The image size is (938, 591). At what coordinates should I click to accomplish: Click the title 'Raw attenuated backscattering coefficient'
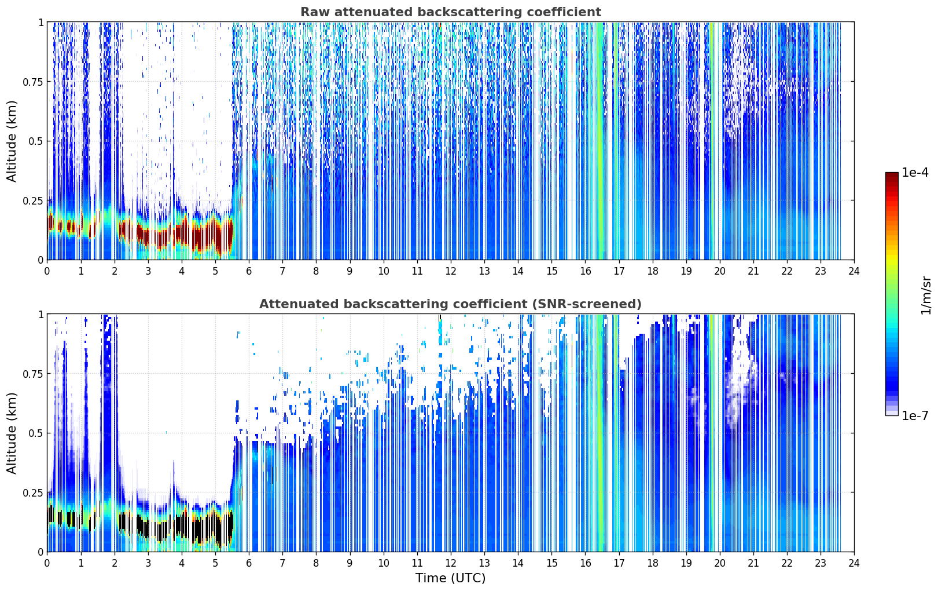[451, 12]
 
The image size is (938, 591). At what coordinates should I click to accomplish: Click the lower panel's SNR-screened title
[451, 304]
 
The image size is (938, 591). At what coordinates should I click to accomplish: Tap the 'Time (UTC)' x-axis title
[451, 578]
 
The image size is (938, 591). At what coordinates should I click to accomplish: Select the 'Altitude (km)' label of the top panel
[12, 141]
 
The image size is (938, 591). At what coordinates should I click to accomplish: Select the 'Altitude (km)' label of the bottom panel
[12, 433]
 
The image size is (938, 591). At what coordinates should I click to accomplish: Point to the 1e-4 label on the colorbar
[915, 172]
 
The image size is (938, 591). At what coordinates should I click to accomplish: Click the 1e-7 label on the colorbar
[915, 416]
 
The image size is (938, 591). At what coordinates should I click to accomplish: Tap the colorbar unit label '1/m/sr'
[926, 295]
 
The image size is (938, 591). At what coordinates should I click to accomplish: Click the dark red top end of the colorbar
[892, 175]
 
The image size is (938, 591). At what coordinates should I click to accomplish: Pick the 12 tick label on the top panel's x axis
[451, 271]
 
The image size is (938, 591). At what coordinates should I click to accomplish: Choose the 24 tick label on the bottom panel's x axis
[854, 563]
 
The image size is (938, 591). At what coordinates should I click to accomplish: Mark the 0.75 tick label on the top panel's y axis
[33, 82]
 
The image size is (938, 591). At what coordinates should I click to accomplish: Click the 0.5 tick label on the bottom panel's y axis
[36, 433]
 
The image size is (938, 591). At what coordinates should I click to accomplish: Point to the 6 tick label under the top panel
[249, 271]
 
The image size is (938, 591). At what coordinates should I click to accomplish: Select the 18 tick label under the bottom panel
[652, 563]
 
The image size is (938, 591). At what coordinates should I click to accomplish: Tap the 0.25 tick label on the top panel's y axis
[33, 201]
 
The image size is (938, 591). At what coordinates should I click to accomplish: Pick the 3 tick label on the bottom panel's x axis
[148, 563]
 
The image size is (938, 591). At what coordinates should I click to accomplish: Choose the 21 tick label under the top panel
[753, 271]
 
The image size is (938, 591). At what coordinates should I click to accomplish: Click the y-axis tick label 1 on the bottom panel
[41, 315]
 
